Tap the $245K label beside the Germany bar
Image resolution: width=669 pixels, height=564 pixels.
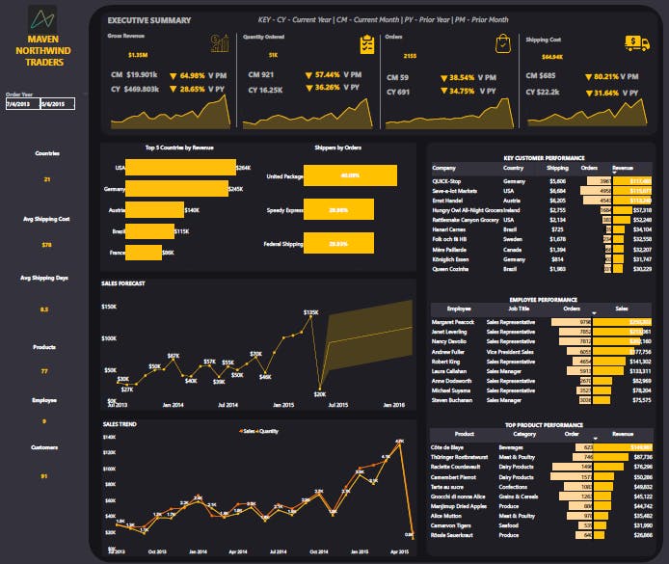(235, 189)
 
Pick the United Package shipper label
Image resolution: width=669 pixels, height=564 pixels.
(284, 176)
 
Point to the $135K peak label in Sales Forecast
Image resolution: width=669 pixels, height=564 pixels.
(310, 313)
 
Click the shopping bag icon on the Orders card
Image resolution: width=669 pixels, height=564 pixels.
(503, 43)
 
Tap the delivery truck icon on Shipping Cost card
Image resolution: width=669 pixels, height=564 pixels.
(636, 42)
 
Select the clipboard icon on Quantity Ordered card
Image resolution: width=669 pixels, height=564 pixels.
(366, 44)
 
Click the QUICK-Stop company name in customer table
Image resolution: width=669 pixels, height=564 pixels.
(448, 180)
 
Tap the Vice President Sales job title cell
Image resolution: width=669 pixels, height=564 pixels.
(516, 352)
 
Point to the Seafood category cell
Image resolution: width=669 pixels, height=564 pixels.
(512, 525)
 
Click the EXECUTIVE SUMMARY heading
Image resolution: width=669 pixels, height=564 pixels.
(148, 20)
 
